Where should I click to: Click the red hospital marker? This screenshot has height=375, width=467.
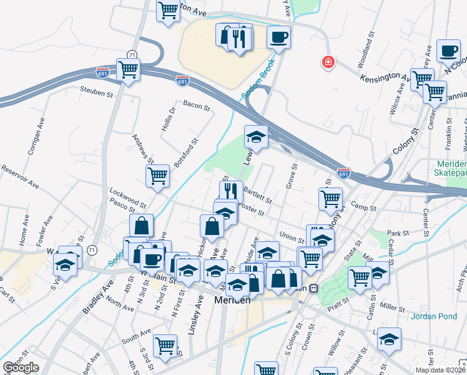pyautogui.click(x=327, y=62)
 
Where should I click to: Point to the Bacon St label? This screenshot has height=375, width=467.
pyautogui.click(x=196, y=106)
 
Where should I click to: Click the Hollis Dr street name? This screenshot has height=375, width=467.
pyautogui.click(x=165, y=114)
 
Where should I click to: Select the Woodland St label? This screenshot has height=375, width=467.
pyautogui.click(x=366, y=54)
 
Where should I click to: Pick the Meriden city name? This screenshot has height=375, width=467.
pyautogui.click(x=232, y=300)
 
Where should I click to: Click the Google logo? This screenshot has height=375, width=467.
pyautogui.click(x=21, y=367)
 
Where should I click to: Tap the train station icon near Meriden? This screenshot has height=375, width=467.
pyautogui.click(x=314, y=289)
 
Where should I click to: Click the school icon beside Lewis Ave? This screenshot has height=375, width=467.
pyautogui.click(x=255, y=135)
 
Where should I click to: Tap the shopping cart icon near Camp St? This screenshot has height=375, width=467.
pyautogui.click(x=331, y=199)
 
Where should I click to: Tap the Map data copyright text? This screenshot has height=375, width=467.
pyautogui.click(x=441, y=370)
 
